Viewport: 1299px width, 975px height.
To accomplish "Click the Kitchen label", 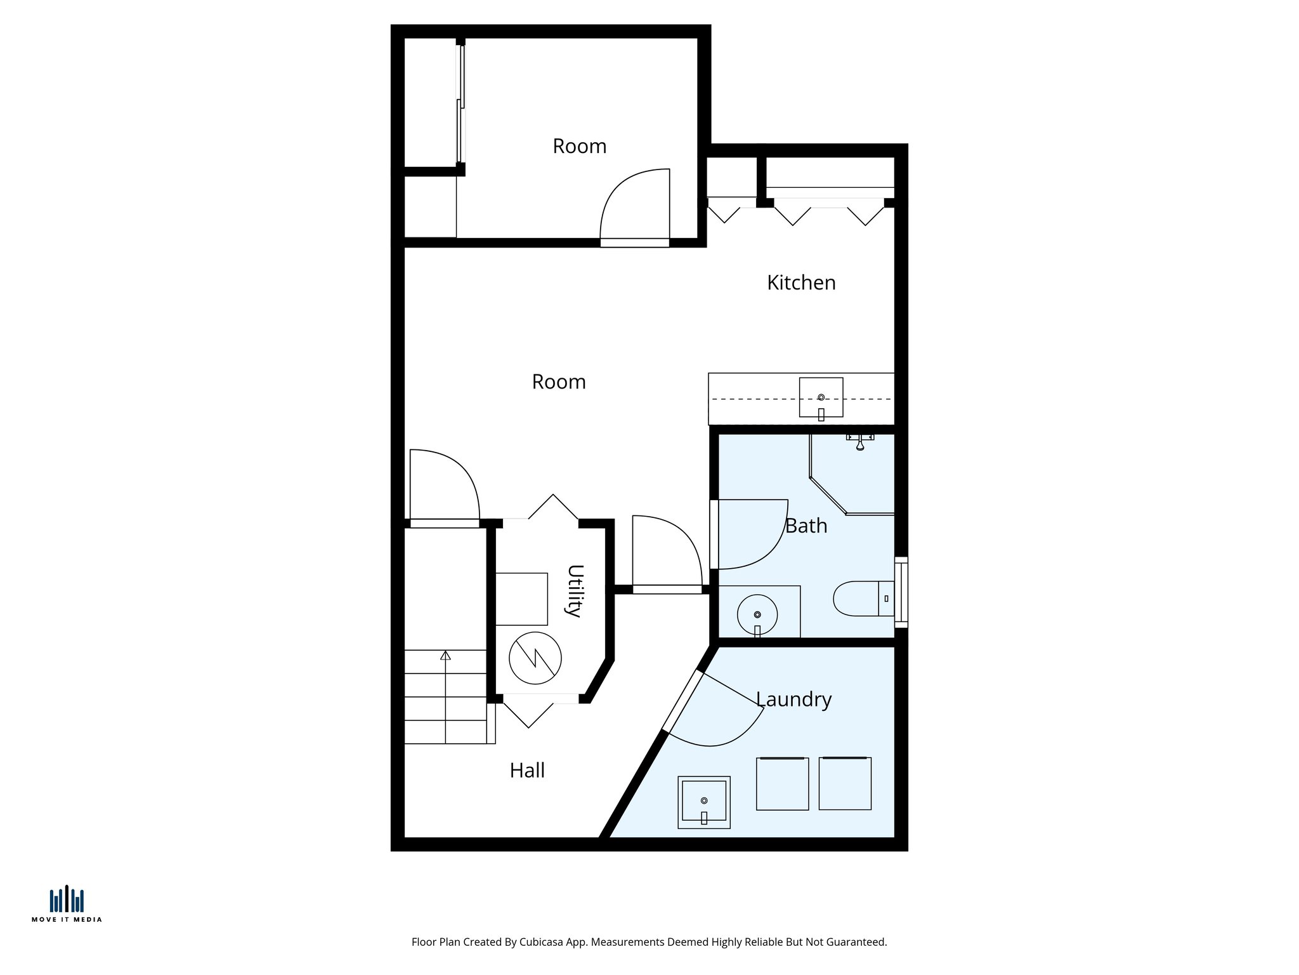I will pos(801,282).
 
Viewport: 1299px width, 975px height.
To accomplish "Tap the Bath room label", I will pos(806,526).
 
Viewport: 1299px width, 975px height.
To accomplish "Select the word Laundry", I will pos(793,700).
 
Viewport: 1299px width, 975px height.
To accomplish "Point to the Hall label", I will pos(527,771).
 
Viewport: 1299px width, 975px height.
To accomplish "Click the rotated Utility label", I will pos(574,590).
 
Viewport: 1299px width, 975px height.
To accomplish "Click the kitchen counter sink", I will pos(821,397).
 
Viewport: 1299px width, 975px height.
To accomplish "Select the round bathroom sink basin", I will pos(757,614).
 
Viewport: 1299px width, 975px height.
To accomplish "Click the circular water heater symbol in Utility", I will pos(535,658).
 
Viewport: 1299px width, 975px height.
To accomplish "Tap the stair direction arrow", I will pos(446,656).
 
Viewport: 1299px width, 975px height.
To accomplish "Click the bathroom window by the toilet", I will pos(901,592).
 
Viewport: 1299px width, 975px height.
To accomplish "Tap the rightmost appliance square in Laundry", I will pos(845,783).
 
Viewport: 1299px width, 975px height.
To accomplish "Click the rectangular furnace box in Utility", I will pos(521,599).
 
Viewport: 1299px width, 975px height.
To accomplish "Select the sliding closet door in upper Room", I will pos(461,105).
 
